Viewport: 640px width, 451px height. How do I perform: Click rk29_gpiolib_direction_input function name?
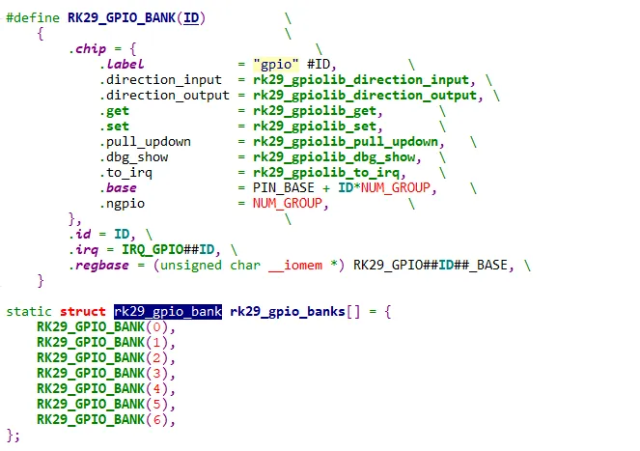click(x=361, y=79)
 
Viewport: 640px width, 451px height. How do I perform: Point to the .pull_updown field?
click(x=144, y=141)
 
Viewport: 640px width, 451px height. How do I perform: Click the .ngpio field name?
click(x=121, y=203)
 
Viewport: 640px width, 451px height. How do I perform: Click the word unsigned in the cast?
click(x=189, y=265)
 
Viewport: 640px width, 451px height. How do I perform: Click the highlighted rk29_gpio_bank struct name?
click(x=168, y=311)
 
